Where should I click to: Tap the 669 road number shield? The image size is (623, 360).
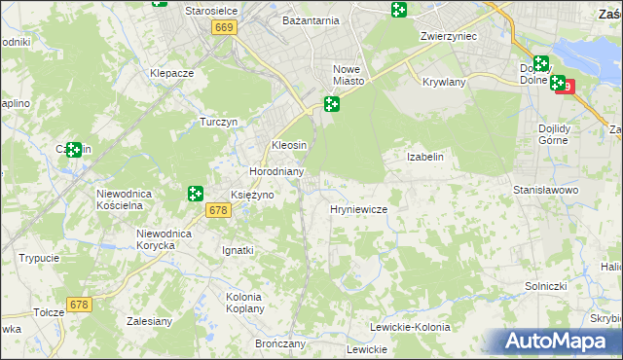click(224, 29)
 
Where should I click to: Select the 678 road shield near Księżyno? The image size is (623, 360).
click(217, 209)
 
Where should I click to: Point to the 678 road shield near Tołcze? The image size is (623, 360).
click(79, 305)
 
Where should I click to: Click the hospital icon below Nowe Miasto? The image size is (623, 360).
click(332, 104)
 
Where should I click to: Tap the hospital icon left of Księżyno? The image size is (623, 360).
click(195, 194)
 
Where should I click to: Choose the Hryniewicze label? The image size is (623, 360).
click(359, 209)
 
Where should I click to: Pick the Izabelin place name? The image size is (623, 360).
click(424, 157)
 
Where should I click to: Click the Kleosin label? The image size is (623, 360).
click(289, 144)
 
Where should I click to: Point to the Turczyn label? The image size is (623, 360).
click(219, 122)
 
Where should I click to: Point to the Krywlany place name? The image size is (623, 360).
click(444, 83)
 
